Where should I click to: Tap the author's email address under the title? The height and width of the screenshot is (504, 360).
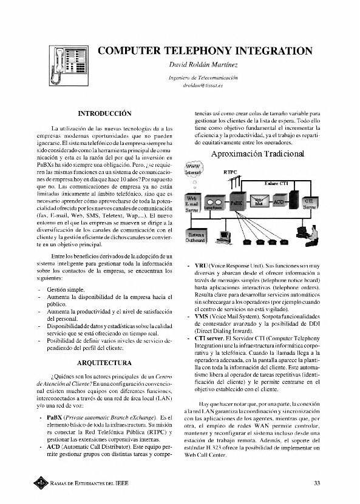coord(203,87)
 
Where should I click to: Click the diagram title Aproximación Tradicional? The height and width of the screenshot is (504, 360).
coord(257,154)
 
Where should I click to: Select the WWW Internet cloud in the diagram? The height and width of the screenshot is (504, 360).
coord(194,169)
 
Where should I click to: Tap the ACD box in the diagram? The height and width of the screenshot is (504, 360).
coord(279,201)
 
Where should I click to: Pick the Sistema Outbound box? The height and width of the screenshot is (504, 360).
coord(195,237)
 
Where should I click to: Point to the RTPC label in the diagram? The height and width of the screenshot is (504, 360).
coord(230,172)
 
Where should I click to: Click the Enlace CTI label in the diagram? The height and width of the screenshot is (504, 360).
coord(276,183)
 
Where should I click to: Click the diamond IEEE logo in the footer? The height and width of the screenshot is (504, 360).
coord(41,483)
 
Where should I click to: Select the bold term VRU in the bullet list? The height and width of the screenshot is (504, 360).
coord(202,266)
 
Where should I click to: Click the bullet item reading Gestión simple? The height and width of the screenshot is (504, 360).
coord(67,291)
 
